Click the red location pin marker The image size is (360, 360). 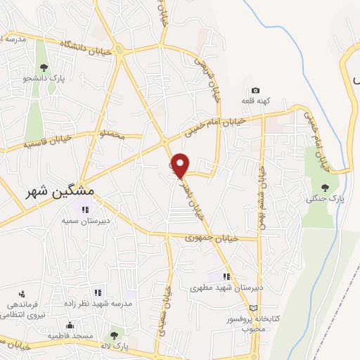point(181,165)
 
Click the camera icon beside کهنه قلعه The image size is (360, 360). point(255,91)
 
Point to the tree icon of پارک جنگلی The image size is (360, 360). point(324,187)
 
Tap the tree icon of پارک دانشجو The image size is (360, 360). point(44,68)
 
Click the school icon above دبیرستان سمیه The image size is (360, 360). point(86,209)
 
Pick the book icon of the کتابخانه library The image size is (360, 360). point(254,308)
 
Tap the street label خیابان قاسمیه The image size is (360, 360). point(49,143)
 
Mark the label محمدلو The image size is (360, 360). point(111,134)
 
